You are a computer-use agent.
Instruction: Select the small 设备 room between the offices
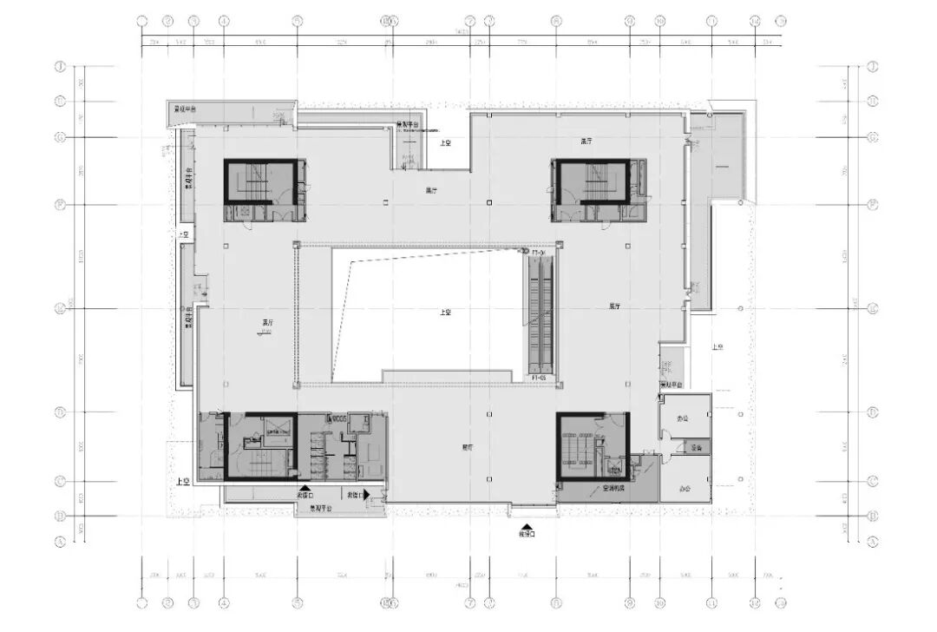coord(696,448)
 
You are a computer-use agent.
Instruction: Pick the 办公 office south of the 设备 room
coord(685,489)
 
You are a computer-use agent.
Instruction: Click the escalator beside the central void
coord(541,313)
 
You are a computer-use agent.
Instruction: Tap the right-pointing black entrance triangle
coord(367,494)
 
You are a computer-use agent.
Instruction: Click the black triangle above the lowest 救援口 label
coord(526,526)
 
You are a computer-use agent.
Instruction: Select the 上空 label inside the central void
coord(444,313)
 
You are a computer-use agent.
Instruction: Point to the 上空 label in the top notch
coord(444,142)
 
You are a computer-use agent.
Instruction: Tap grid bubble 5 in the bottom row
coord(297,601)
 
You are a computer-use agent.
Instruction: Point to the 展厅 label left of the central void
coord(267,323)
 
